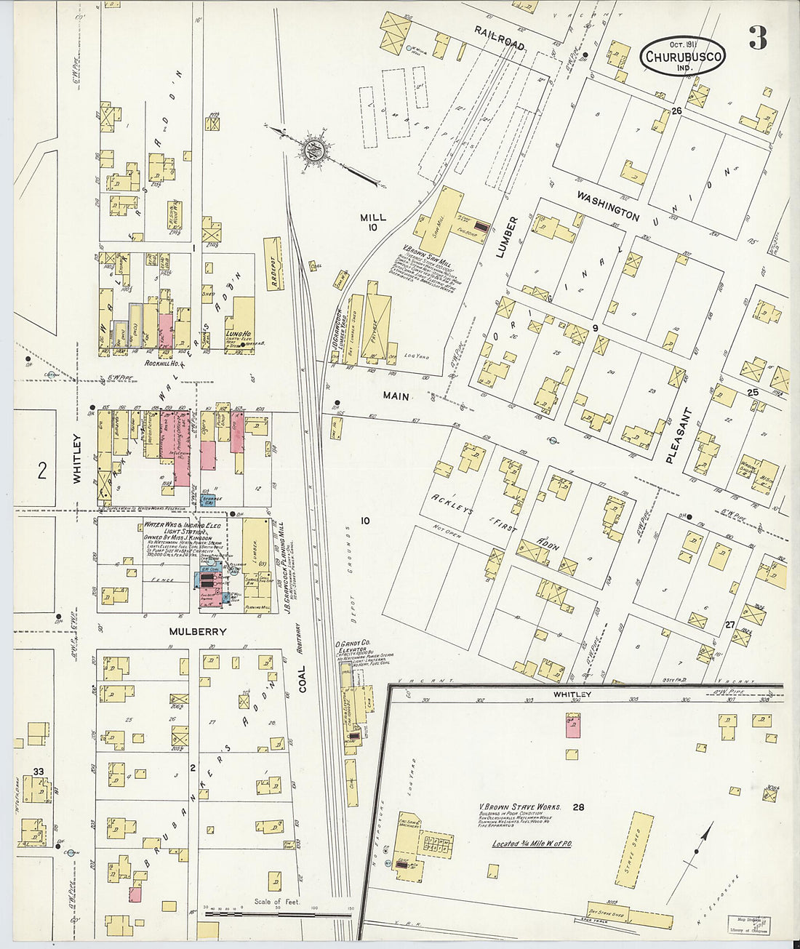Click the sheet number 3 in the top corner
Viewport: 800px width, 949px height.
click(757, 39)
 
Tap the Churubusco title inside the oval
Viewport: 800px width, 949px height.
click(681, 55)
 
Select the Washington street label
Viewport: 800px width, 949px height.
click(608, 206)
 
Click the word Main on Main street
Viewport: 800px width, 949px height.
click(396, 396)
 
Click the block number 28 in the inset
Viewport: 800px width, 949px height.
click(578, 806)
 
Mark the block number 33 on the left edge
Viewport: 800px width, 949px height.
click(38, 772)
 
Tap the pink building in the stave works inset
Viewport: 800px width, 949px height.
click(573, 725)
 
